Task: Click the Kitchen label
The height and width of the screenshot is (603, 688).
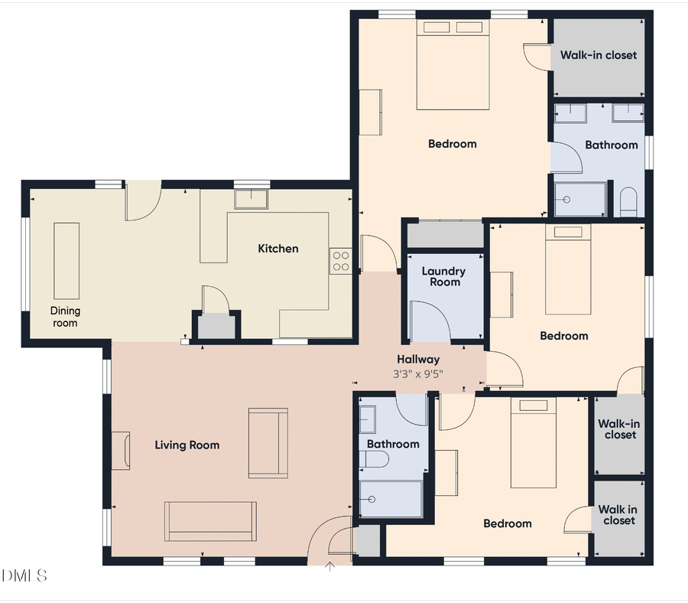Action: tap(277, 249)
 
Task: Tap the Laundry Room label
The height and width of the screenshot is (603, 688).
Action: tap(443, 276)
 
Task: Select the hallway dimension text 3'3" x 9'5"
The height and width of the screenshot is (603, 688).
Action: tap(417, 373)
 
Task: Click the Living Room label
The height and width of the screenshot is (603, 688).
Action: tap(187, 445)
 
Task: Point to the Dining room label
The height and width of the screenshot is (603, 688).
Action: tap(65, 317)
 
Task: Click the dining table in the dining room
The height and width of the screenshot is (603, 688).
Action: tap(66, 260)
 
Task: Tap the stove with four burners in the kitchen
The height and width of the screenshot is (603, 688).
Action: tap(341, 261)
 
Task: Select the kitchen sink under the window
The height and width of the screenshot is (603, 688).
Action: tap(251, 200)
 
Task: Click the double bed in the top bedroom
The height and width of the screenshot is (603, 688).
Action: tap(453, 65)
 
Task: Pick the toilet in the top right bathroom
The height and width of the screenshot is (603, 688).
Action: tap(628, 202)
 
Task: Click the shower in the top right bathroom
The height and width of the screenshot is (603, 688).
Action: tap(579, 199)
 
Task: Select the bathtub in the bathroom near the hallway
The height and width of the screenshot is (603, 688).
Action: tap(391, 499)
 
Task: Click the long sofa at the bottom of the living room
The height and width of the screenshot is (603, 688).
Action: tap(211, 521)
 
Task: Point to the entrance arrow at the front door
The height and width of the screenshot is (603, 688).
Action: tap(330, 566)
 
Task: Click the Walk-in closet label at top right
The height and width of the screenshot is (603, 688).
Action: tap(598, 55)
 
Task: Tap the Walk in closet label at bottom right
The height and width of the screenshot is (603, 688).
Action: tap(618, 515)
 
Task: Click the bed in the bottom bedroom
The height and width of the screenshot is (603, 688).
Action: tap(534, 443)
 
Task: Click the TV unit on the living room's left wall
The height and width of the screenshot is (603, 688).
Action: tap(121, 450)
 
